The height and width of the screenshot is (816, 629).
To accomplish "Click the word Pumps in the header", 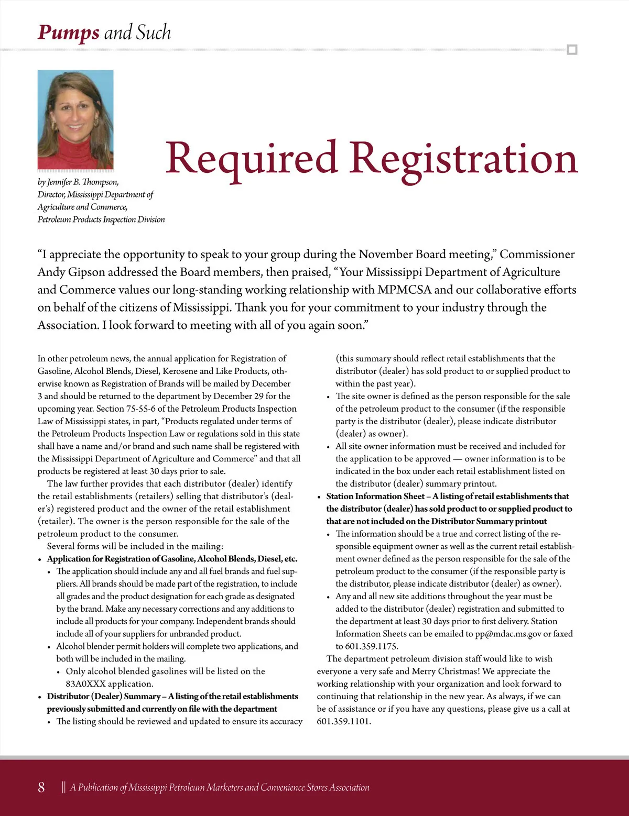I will pyautogui.click(x=68, y=32).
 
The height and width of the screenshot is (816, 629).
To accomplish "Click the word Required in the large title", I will pyautogui.click(x=251, y=158).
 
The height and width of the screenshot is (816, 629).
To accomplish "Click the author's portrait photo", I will pyautogui.click(x=75, y=119).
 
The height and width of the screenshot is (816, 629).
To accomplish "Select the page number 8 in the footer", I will pyautogui.click(x=41, y=787).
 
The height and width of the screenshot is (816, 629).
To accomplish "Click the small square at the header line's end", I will pyautogui.click(x=572, y=50).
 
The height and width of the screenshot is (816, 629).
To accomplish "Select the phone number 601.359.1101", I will pyautogui.click(x=344, y=721).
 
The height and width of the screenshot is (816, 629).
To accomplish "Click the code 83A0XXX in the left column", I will pyautogui.click(x=86, y=684).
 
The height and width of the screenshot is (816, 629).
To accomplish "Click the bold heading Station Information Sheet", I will pyautogui.click(x=375, y=497).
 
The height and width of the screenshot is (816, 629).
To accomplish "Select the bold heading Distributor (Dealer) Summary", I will pyautogui.click(x=104, y=697).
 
